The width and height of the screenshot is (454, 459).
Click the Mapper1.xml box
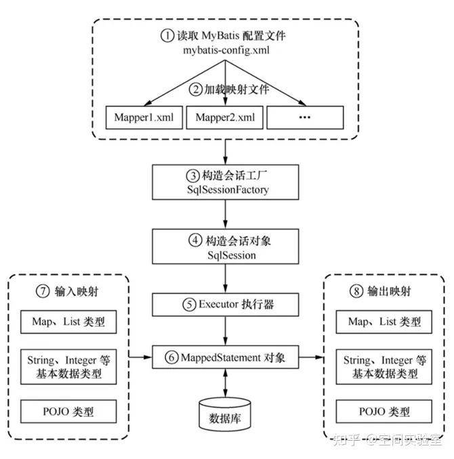(144, 117)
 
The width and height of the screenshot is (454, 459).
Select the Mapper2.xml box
(225, 117)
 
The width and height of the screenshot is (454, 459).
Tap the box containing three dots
(305, 117)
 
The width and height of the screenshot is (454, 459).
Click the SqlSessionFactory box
(226, 182)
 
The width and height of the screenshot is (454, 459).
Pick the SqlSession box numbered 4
(226, 246)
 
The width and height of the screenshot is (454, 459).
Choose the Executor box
(226, 305)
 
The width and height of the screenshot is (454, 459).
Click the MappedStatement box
(226, 357)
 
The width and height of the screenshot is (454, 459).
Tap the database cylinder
(225, 414)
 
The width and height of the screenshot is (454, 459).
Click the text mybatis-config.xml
(226, 50)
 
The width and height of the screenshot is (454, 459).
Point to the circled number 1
(167, 35)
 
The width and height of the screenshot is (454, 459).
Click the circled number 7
(43, 291)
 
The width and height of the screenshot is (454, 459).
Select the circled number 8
(356, 291)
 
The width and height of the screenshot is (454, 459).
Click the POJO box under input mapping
(68, 412)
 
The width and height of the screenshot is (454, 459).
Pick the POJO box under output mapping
(384, 412)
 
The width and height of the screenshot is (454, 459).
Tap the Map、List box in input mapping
(68, 322)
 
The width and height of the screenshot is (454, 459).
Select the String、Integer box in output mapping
(384, 366)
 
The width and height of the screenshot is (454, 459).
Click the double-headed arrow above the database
(225, 383)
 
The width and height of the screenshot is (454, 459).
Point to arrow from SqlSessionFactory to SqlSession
(225, 215)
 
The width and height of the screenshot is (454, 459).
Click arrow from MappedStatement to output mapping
(311, 357)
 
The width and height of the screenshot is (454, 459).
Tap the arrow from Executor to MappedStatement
(225, 331)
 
